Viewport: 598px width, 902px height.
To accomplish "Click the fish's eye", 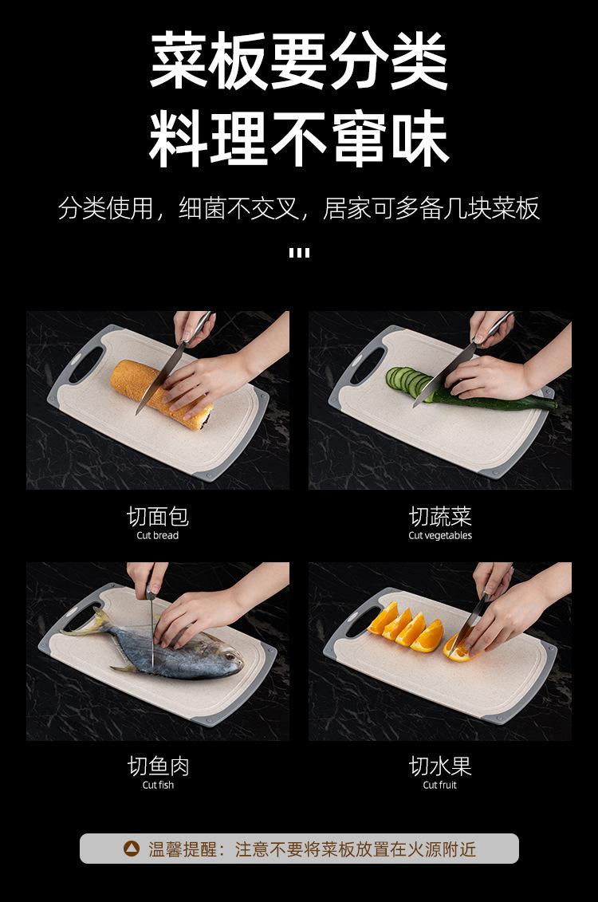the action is tap(230, 656).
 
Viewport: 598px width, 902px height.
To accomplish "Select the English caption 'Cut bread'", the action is tap(158, 536).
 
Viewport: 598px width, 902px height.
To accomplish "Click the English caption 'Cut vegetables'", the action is tap(440, 536).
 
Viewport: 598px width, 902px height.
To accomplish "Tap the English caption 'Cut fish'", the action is tap(158, 785).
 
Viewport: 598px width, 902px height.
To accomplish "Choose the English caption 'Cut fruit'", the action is tap(440, 785).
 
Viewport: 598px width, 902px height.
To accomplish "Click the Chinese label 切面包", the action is tap(158, 516).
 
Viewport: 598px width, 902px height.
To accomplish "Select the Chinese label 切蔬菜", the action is tap(440, 516).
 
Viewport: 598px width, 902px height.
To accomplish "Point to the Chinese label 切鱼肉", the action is tap(158, 766).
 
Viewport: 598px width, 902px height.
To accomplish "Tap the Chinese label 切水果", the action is tap(440, 766).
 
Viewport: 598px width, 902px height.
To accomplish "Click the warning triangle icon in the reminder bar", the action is tap(132, 849).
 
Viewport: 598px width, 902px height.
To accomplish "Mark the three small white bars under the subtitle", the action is tap(299, 252).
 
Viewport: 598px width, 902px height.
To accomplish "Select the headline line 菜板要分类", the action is tap(299, 61).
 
